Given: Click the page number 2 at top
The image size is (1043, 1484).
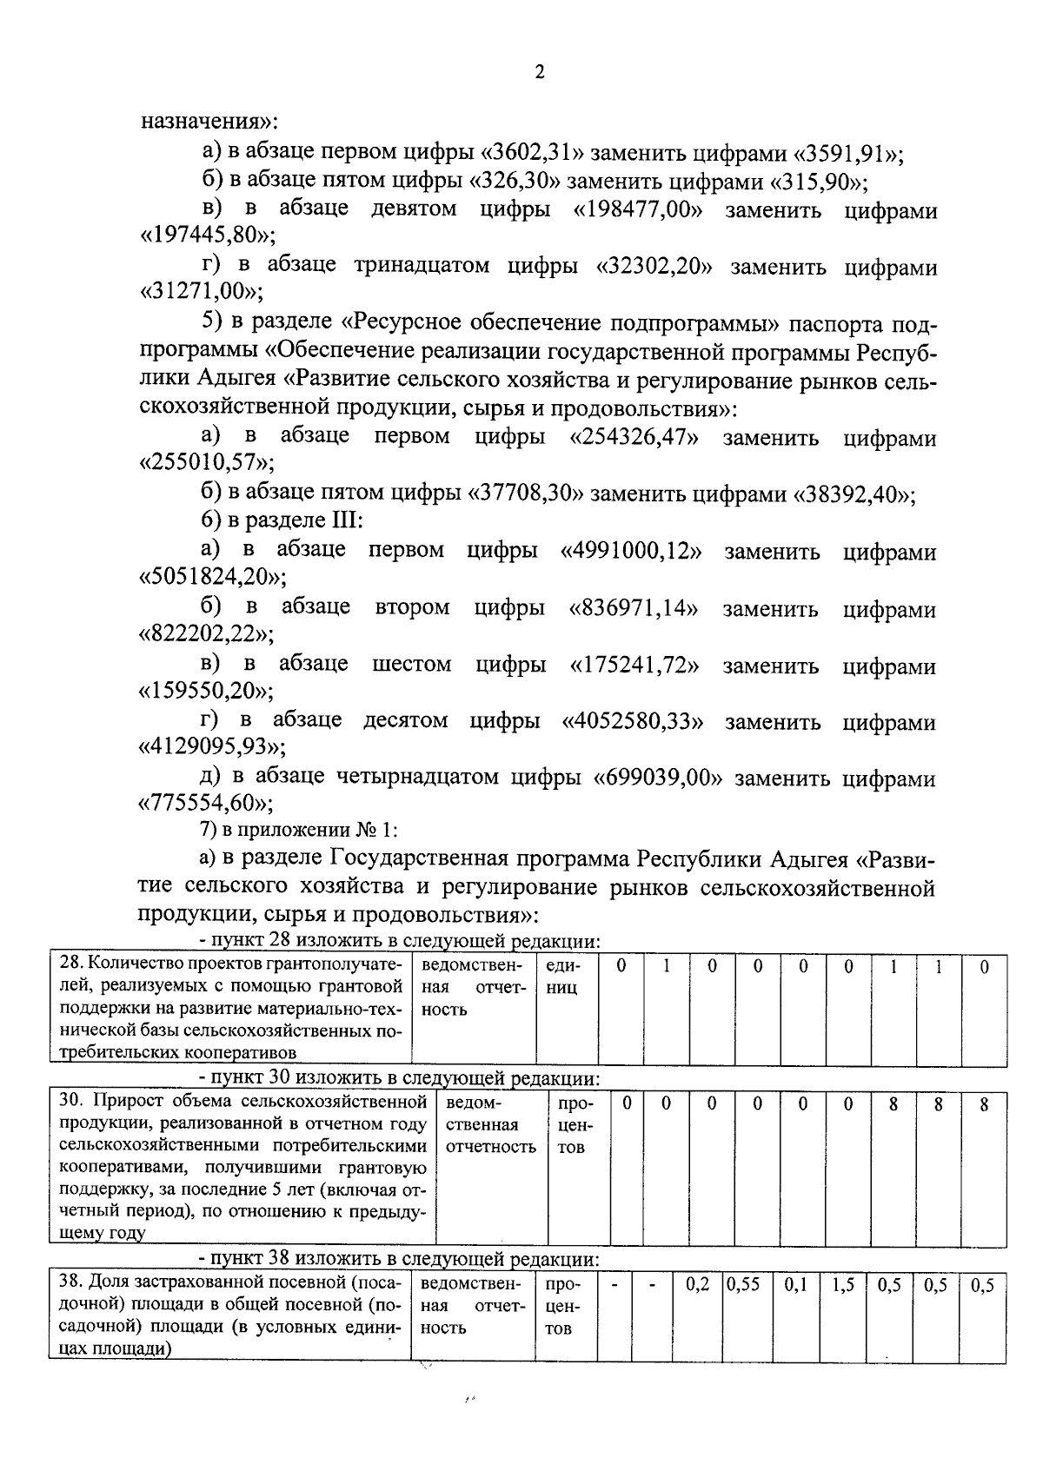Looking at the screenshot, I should pos(539,73).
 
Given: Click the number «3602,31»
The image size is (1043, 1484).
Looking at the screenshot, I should pos(531,154).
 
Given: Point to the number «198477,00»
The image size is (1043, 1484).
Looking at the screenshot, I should pos(637,210).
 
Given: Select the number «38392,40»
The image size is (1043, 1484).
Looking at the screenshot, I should pos(852,494).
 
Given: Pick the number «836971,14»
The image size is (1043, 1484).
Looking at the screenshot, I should pos(634,608).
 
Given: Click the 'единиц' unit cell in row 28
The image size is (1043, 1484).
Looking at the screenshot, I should pos(563,977).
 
